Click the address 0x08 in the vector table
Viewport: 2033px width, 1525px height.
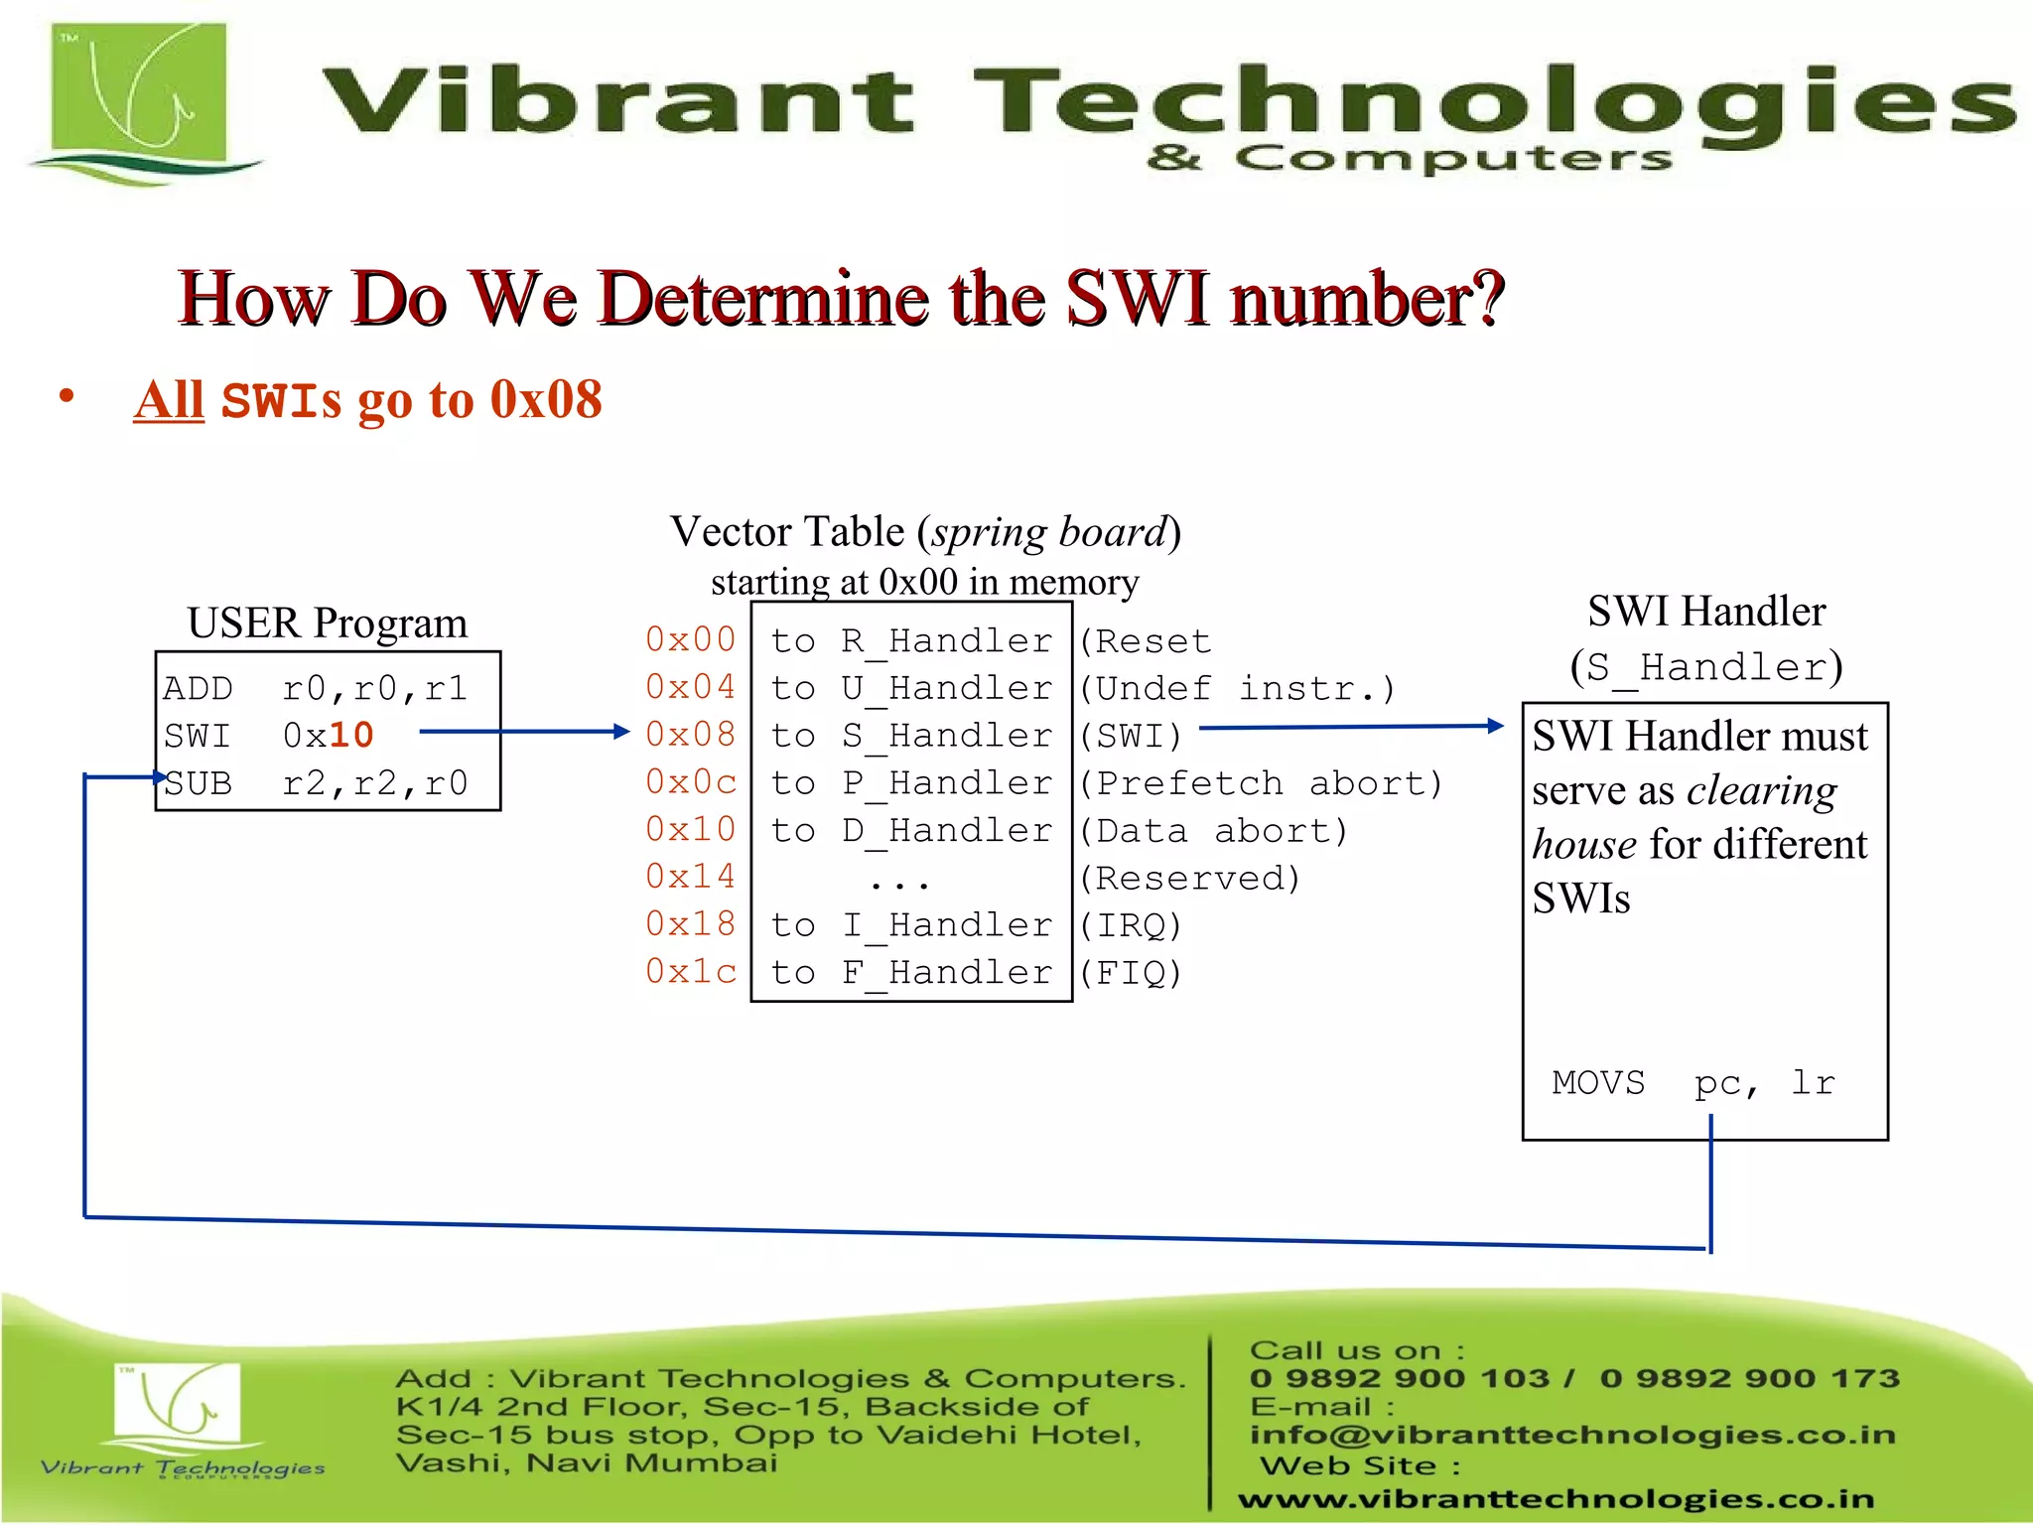pyautogui.click(x=690, y=735)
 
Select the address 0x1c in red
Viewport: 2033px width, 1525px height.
pyautogui.click(x=690, y=971)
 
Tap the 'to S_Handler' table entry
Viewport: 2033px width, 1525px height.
pyautogui.click(x=910, y=736)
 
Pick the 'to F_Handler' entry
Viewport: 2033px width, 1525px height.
pyautogui.click(x=910, y=972)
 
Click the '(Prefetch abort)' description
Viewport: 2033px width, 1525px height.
pyautogui.click(x=1260, y=783)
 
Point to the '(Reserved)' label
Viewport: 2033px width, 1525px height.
pyautogui.click(x=1189, y=878)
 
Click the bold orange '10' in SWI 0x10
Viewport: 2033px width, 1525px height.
pyautogui.click(x=351, y=736)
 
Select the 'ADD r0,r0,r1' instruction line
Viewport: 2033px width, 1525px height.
pyautogui.click(x=315, y=688)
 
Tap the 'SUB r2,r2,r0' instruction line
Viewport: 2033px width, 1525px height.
pyautogui.click(x=315, y=783)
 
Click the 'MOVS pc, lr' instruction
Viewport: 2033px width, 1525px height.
pyautogui.click(x=1694, y=1082)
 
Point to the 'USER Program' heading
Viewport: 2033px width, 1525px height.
pyautogui.click(x=327, y=624)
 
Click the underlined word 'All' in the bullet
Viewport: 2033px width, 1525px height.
pyautogui.click(x=169, y=400)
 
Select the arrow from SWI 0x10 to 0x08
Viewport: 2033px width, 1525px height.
pyautogui.click(x=523, y=732)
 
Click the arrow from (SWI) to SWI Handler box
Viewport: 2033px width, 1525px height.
pyautogui.click(x=1350, y=727)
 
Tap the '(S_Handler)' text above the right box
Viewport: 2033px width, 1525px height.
pyautogui.click(x=1705, y=666)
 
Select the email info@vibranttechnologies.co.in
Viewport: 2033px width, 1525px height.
pyautogui.click(x=1572, y=1435)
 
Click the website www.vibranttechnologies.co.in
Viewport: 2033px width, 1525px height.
pyautogui.click(x=1556, y=1499)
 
